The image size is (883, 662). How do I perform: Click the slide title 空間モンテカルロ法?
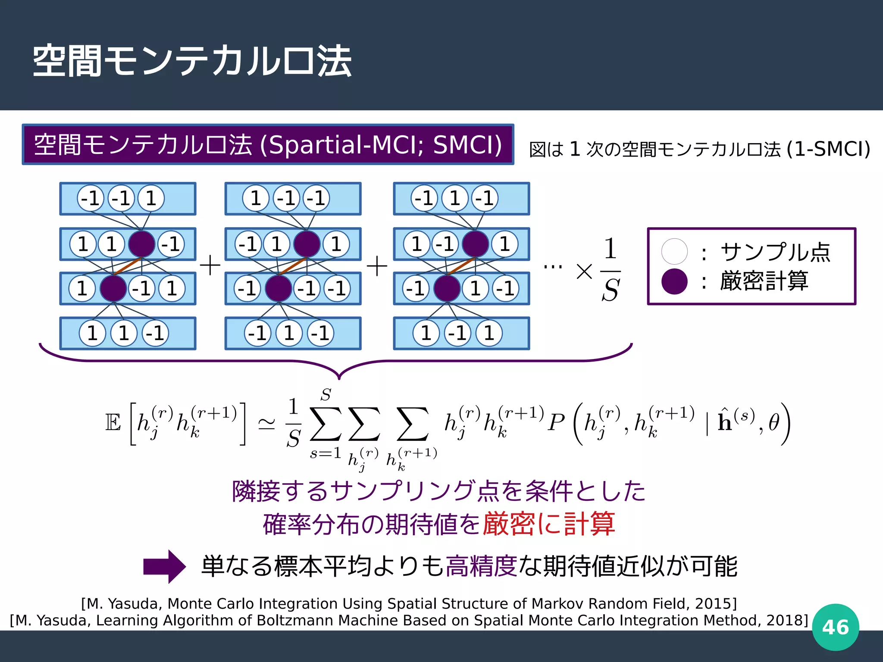coord(192,61)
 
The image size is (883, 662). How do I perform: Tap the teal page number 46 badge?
coord(835,627)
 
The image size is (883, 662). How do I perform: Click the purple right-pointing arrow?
coord(164,566)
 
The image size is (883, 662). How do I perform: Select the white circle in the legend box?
coord(674,251)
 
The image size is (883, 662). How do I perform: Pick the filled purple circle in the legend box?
coord(674,281)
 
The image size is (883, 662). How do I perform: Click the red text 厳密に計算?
coord(548,524)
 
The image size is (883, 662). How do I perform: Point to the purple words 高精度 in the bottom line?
coord(481,566)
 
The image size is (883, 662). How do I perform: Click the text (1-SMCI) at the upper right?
coord(828,149)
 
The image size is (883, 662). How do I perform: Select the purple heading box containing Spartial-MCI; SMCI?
coord(268,144)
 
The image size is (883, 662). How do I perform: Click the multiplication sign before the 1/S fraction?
coord(584,272)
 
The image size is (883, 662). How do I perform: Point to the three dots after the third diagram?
coord(553,267)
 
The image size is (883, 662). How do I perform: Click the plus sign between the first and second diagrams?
coord(210,265)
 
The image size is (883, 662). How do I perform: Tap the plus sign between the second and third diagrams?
coord(377,266)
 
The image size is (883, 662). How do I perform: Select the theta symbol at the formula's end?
coord(774,422)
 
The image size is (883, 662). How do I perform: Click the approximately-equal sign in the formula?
coord(266,424)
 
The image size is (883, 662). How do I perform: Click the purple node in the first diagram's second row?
coord(141,244)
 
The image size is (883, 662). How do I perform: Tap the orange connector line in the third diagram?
coord(461,266)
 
